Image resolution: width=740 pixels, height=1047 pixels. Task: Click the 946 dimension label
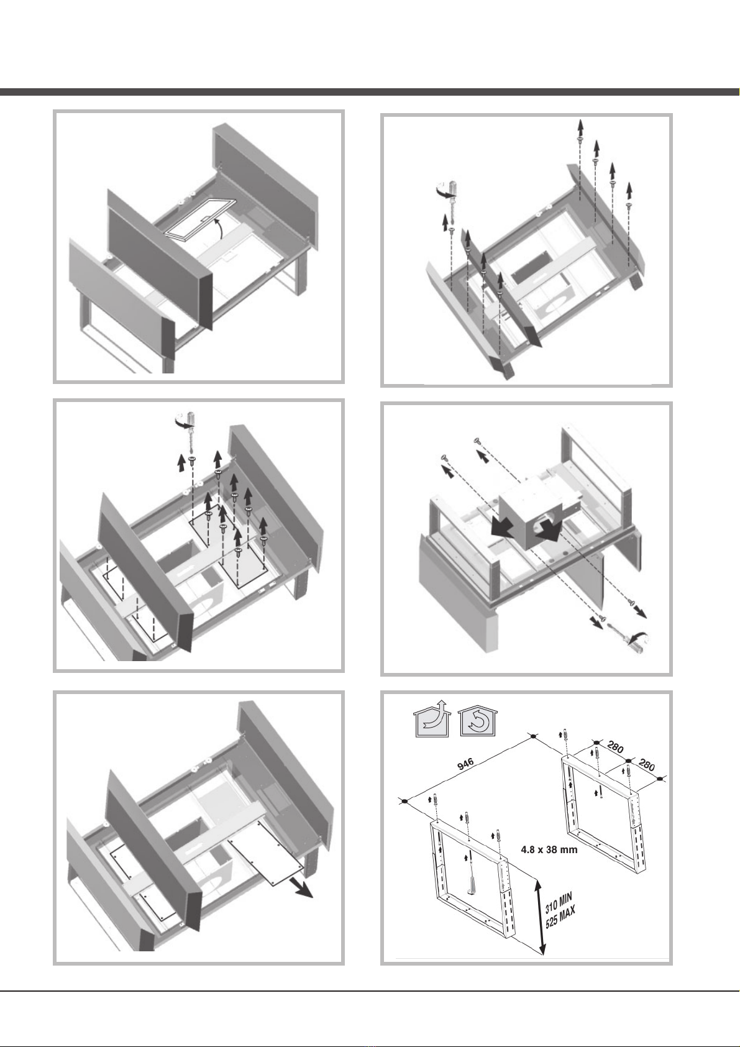(x=465, y=764)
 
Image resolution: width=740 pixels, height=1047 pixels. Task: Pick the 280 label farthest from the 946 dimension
(x=647, y=765)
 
